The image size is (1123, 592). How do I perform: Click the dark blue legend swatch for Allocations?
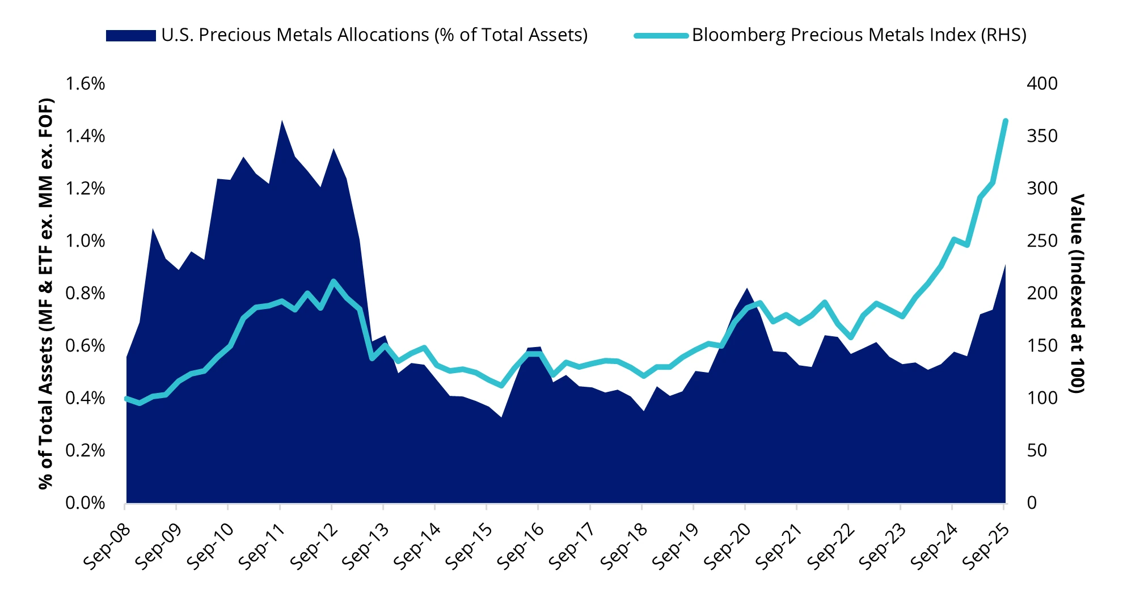click(x=130, y=36)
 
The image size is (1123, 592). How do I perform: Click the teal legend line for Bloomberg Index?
click(x=661, y=36)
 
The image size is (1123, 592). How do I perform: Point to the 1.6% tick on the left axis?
click(x=85, y=84)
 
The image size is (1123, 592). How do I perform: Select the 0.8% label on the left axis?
click(x=85, y=293)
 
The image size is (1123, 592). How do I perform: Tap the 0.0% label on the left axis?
click(x=85, y=503)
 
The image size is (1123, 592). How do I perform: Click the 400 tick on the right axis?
click(x=1042, y=84)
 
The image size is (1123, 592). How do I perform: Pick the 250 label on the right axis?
click(x=1042, y=241)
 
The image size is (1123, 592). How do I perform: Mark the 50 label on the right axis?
click(x=1037, y=451)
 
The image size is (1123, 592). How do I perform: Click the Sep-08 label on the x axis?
click(x=107, y=547)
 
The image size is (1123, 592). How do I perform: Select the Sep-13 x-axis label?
click(x=365, y=547)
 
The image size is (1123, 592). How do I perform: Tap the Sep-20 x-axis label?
click(x=727, y=547)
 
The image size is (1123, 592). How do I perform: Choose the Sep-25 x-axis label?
click(x=986, y=547)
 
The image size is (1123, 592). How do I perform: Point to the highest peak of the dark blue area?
click(x=281, y=120)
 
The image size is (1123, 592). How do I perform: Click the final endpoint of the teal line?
click(x=1006, y=121)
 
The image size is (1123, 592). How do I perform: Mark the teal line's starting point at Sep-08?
click(x=126, y=399)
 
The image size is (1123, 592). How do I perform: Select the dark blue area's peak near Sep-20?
click(x=747, y=289)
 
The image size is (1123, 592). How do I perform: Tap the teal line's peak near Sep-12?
click(x=333, y=281)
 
